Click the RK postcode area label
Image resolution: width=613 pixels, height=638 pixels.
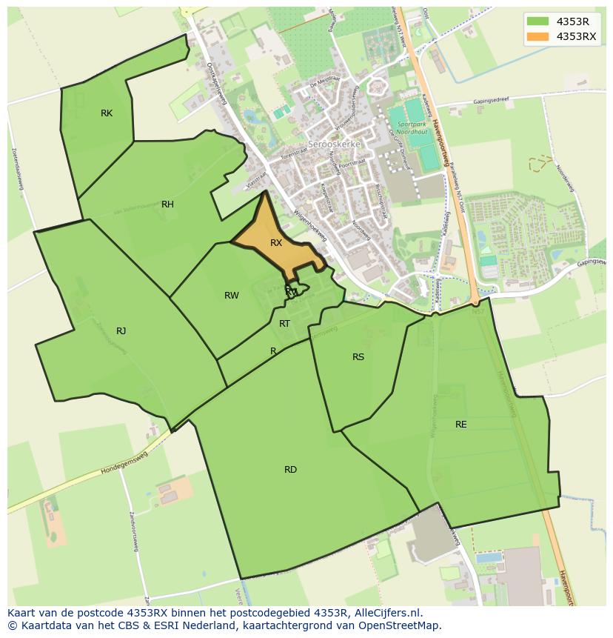[x=107, y=113]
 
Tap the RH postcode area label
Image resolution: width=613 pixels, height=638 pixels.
[x=167, y=205]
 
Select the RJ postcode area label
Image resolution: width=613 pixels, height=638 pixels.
[x=121, y=331]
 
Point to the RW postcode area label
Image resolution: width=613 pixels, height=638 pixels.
[x=232, y=296]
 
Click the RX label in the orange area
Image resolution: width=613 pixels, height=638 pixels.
[x=276, y=243]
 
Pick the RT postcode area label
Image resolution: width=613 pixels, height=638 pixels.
[x=284, y=324]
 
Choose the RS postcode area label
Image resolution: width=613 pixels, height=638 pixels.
[x=358, y=357]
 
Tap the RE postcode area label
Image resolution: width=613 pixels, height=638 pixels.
[x=461, y=425]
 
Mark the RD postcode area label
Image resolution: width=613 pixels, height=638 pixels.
[x=290, y=470]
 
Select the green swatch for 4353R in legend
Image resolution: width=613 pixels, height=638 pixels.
[x=538, y=21]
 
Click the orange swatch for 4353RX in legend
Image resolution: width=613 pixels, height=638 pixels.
[x=538, y=36]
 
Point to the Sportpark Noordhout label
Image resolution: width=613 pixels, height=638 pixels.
[x=412, y=128]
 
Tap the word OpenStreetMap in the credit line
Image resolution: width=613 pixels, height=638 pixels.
[x=401, y=625]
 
